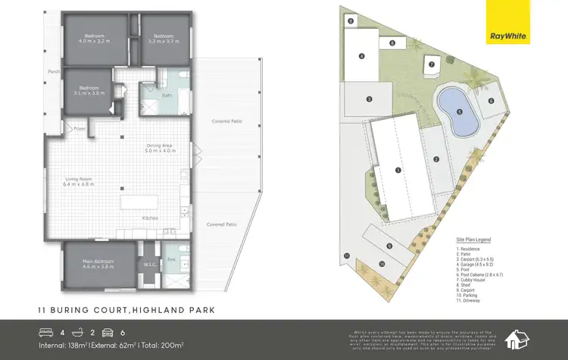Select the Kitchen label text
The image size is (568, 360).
(x=149, y=219)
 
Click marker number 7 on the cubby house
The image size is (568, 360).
(x=431, y=64)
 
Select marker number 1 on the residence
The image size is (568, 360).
(x=398, y=170)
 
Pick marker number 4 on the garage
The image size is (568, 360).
(x=361, y=55)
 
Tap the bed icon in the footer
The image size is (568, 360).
(x=46, y=332)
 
